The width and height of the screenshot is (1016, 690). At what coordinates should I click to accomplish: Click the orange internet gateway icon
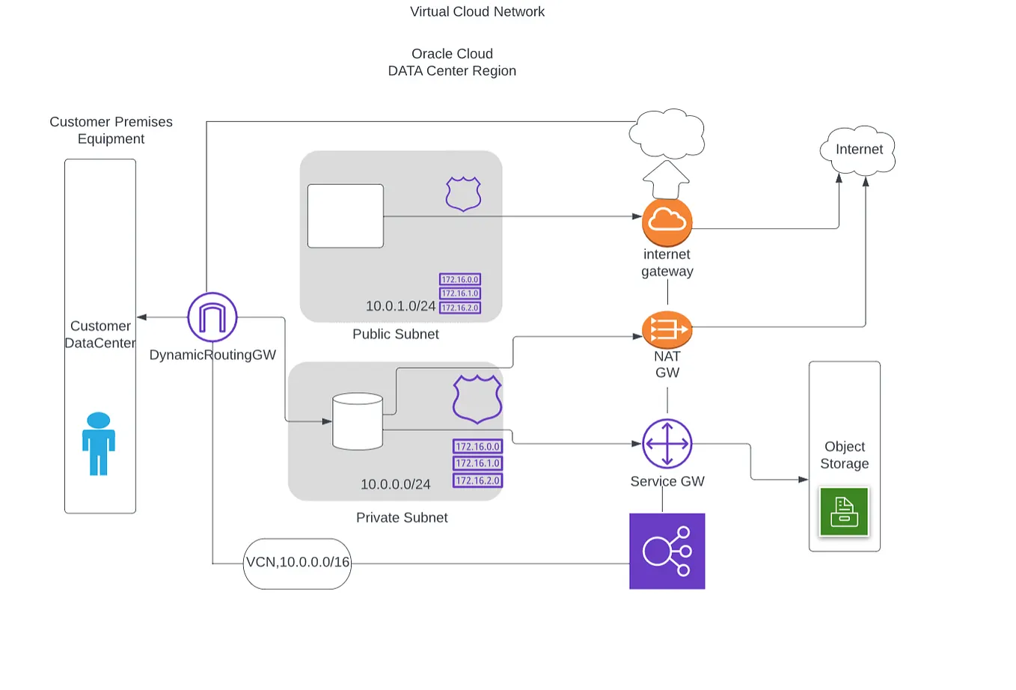[x=667, y=222]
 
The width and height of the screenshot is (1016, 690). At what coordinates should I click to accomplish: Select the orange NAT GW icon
[x=667, y=329]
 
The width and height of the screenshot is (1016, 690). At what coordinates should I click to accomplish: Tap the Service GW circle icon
[x=667, y=444]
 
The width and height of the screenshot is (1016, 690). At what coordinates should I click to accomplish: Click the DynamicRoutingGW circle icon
[x=212, y=317]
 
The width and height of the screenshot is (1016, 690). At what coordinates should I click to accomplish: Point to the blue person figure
[x=99, y=444]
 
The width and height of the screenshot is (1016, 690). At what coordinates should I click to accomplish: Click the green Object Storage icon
[x=844, y=512]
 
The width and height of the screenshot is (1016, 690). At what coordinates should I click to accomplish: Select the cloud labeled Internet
[x=858, y=150]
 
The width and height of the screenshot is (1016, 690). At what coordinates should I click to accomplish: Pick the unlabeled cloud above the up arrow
[x=667, y=134]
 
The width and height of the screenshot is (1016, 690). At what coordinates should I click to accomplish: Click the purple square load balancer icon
[x=667, y=552]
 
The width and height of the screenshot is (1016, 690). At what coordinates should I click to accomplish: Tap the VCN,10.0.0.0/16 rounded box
[x=298, y=564]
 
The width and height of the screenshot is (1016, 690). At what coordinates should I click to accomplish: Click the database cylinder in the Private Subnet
[x=358, y=422]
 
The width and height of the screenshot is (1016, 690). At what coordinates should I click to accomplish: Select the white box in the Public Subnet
[x=346, y=216]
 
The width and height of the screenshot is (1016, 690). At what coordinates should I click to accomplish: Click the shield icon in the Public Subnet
[x=463, y=194]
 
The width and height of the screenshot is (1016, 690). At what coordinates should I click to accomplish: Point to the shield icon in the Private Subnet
[x=477, y=400]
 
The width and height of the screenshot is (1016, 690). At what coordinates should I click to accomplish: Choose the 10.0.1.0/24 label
[x=400, y=306]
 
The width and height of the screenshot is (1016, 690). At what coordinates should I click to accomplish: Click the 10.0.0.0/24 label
[x=395, y=484]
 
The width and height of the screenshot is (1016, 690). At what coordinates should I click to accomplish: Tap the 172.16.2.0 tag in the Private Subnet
[x=477, y=480]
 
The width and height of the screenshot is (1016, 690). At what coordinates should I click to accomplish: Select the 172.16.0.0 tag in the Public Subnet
[x=459, y=279]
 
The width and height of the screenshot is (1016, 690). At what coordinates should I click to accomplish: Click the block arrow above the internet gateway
[x=666, y=180]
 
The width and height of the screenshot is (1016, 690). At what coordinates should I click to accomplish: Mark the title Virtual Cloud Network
[x=477, y=12]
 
